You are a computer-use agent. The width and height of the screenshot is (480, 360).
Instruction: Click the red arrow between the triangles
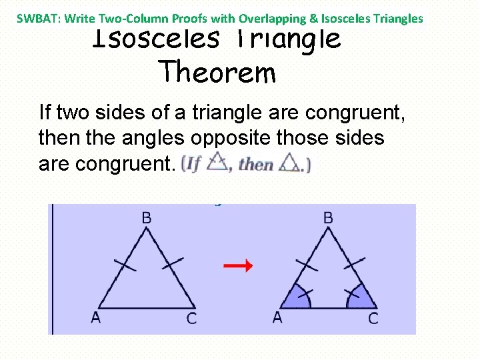[x=237, y=266]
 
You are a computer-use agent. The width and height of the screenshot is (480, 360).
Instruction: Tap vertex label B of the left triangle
[x=147, y=217]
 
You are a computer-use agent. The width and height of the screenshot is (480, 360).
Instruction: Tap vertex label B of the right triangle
[x=328, y=217]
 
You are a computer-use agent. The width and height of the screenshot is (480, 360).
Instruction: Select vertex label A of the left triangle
[x=96, y=317]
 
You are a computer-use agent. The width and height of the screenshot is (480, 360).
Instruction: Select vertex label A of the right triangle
[x=277, y=317]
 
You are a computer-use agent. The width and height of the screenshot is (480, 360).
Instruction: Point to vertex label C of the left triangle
[x=191, y=319]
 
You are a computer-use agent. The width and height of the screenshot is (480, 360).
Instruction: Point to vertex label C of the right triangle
[x=373, y=319]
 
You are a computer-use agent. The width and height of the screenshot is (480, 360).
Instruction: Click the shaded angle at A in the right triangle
[x=298, y=298]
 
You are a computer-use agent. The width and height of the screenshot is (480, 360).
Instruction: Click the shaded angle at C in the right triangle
[x=357, y=298]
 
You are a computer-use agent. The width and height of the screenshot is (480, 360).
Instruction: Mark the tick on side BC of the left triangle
[x=171, y=265]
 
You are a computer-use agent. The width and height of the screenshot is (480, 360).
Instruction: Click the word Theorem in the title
[x=217, y=71]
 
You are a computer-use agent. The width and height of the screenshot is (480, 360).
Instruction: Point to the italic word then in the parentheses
[x=255, y=163]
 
